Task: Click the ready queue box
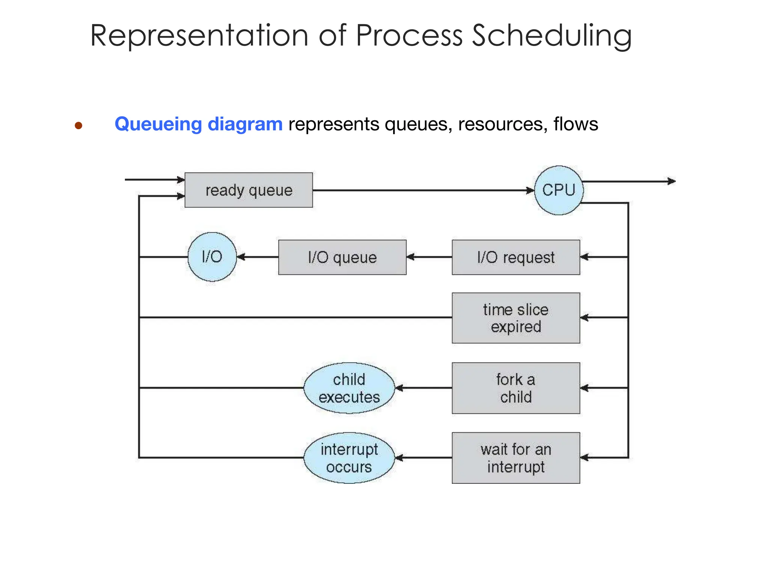point(249,190)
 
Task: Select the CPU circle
point(559,190)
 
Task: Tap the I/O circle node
point(212,257)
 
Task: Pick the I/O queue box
point(342,257)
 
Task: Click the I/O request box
point(516,257)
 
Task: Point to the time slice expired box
point(516,318)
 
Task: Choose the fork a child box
point(516,388)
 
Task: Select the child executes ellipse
point(349,388)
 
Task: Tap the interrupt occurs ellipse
point(349,458)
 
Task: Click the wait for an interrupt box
point(516,458)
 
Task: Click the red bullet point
point(78,125)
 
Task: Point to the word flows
point(576,124)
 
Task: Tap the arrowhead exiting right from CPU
point(672,181)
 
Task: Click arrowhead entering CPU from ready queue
point(530,190)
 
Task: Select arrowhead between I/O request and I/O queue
point(410,257)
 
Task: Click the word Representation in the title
point(199,36)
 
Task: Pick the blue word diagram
point(245,124)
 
